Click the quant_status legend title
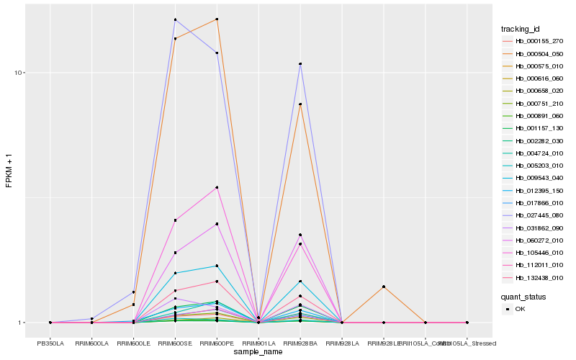point(523,296)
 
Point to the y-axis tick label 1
point(23,323)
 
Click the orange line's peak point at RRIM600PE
point(217,19)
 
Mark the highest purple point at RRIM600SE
point(176,19)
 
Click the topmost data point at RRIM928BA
point(300,64)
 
